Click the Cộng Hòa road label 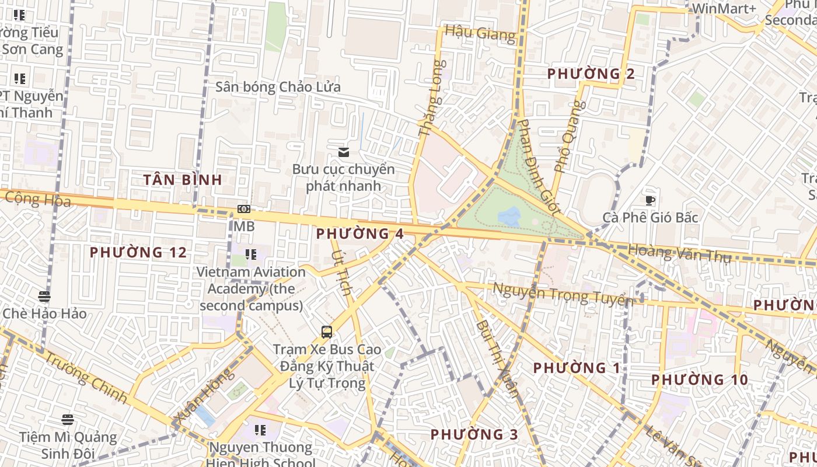pos(38,200)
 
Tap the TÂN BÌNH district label pos(183,180)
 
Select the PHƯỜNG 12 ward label pos(138,253)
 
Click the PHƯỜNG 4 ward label pos(359,234)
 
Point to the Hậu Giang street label pos(480,33)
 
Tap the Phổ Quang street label pos(569,137)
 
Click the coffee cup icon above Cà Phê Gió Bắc pos(650,201)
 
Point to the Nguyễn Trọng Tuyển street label pos(563,294)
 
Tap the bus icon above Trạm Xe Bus pos(327,332)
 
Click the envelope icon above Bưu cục pos(344,152)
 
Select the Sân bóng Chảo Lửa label pos(278,87)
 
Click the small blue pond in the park pos(509,217)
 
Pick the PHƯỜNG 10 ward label pos(699,380)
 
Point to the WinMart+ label pos(724,9)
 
